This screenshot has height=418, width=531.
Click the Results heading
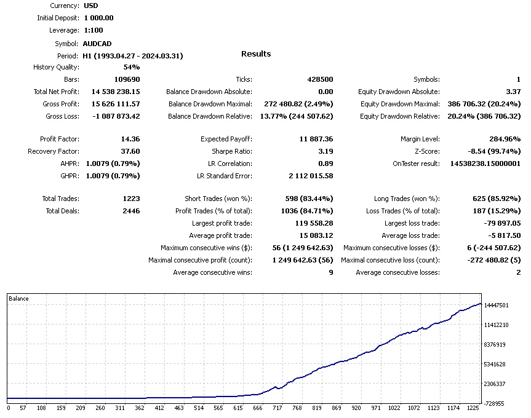[x=255, y=54]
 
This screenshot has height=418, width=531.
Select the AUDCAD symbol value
[x=98, y=44]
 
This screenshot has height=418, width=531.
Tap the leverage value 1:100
[x=94, y=30]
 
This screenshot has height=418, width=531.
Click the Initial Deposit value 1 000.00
[x=98, y=18]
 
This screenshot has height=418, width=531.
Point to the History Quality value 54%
[x=131, y=67]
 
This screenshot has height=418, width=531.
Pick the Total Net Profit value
[x=115, y=92]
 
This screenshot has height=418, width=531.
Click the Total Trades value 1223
[x=131, y=199]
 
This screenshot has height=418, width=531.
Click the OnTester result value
[x=485, y=164]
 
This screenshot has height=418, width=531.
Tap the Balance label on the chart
[x=18, y=299]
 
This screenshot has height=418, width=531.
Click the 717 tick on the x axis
[x=277, y=408]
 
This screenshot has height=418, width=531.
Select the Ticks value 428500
[x=320, y=79]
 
